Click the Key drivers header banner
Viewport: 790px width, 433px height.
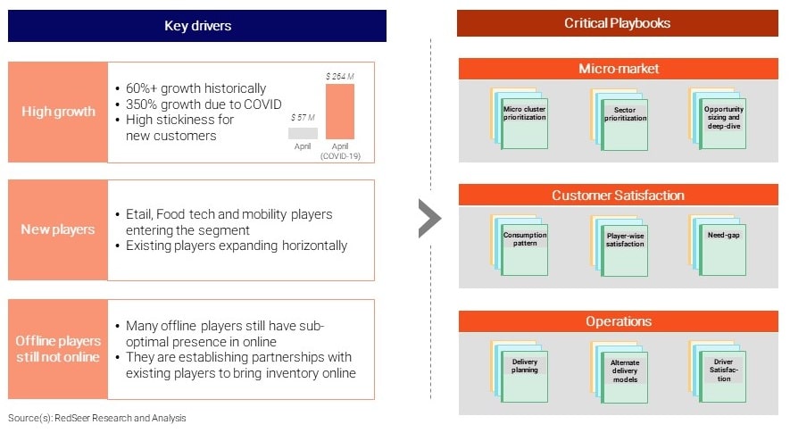tap(197, 26)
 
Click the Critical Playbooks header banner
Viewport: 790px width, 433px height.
tap(617, 23)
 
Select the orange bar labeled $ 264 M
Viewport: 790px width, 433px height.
tap(340, 112)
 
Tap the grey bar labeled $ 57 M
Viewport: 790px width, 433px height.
tap(303, 133)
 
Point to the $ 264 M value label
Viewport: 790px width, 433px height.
tap(339, 77)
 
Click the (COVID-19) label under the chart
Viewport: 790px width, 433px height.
tap(341, 156)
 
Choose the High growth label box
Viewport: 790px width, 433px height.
tap(58, 112)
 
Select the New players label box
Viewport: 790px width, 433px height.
tap(58, 229)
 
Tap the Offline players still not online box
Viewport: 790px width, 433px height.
tap(58, 349)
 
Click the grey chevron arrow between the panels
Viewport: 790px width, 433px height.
tap(429, 218)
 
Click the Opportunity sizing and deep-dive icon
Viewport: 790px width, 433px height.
tap(718, 119)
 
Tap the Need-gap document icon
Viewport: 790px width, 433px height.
tap(718, 246)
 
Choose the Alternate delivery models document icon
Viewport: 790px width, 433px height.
tap(620, 372)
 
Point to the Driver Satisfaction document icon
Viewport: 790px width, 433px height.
tap(718, 372)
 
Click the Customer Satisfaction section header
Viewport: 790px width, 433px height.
tap(619, 196)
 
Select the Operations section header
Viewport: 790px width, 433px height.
tap(619, 321)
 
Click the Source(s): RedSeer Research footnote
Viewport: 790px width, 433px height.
tap(96, 418)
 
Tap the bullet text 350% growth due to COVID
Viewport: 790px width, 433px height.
tap(204, 104)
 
